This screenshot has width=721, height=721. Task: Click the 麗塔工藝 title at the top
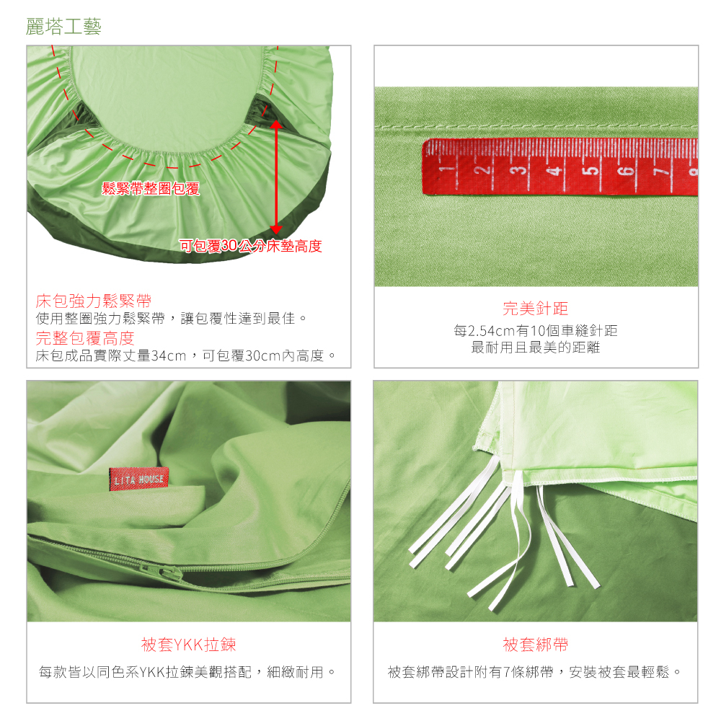tap(63, 27)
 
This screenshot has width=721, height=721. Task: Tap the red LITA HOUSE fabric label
tap(139, 479)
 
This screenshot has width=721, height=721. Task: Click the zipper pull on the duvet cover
tap(168, 573)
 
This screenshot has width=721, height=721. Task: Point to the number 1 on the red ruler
tap(443, 169)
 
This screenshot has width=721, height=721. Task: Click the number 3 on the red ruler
tap(518, 170)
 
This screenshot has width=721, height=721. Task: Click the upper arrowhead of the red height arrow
tap(276, 124)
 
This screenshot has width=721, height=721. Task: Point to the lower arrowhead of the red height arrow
tap(276, 229)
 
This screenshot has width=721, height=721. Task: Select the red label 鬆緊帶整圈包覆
tap(151, 188)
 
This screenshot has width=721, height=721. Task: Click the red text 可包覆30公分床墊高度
tap(251, 246)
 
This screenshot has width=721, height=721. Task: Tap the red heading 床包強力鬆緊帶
tap(93, 301)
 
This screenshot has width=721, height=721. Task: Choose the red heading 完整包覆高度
tap(85, 338)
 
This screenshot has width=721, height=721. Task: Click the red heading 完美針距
tap(535, 309)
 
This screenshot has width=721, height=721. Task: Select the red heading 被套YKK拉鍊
tap(188, 645)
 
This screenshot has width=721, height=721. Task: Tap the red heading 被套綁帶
tap(535, 645)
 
